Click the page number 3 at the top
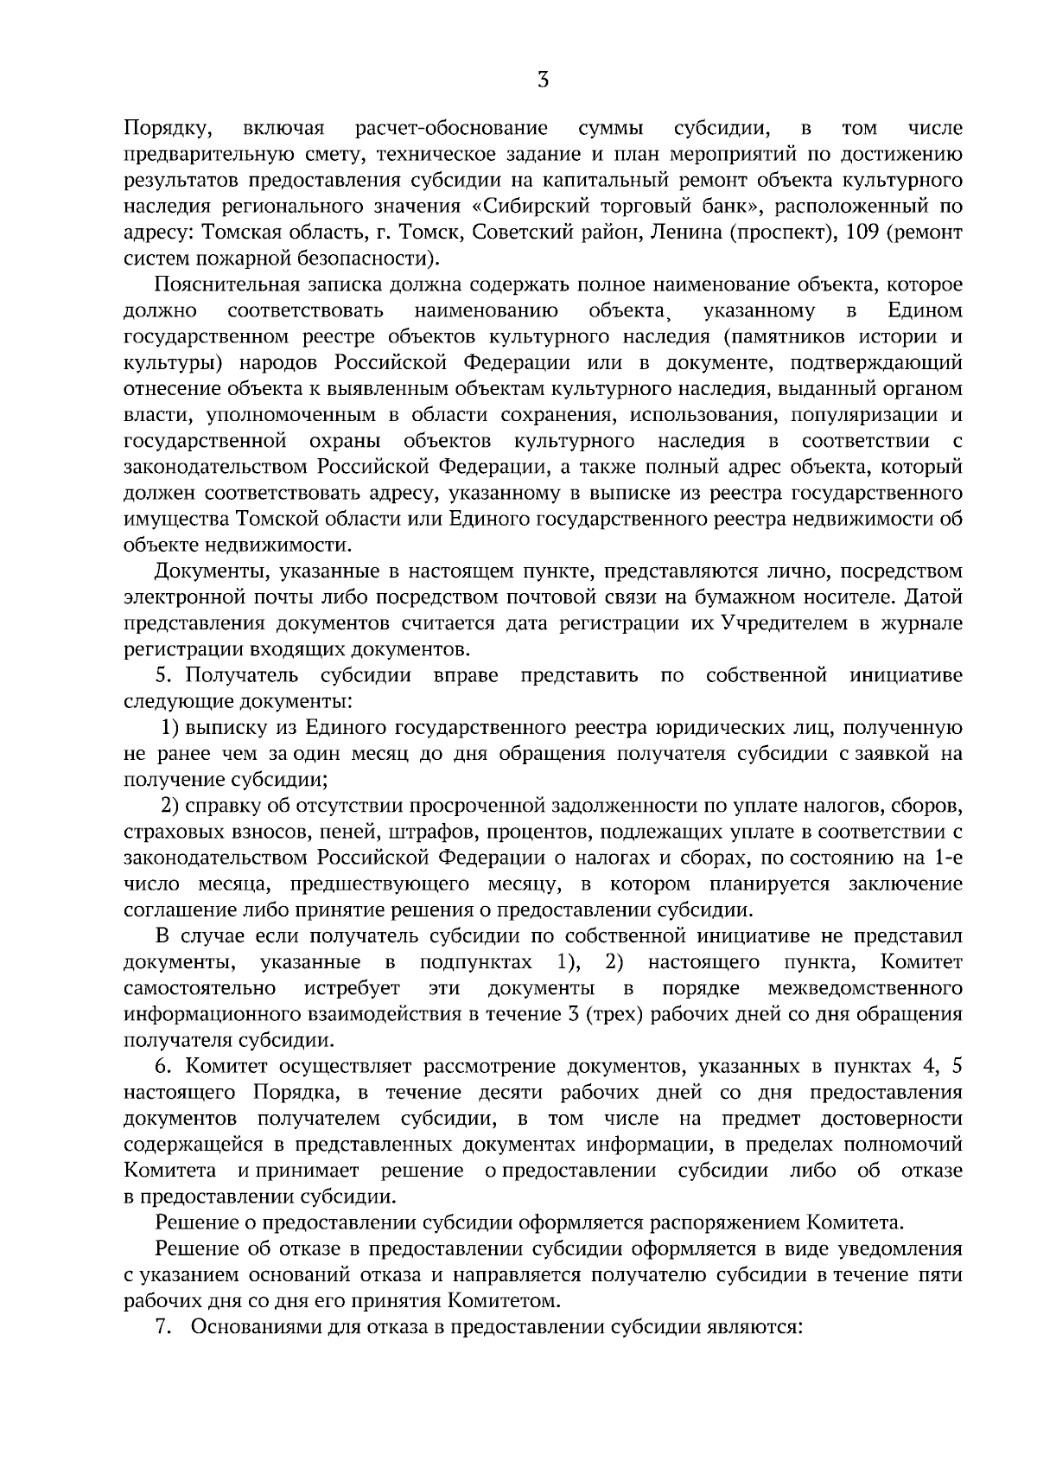542,80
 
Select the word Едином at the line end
925,310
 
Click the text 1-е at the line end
945,858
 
